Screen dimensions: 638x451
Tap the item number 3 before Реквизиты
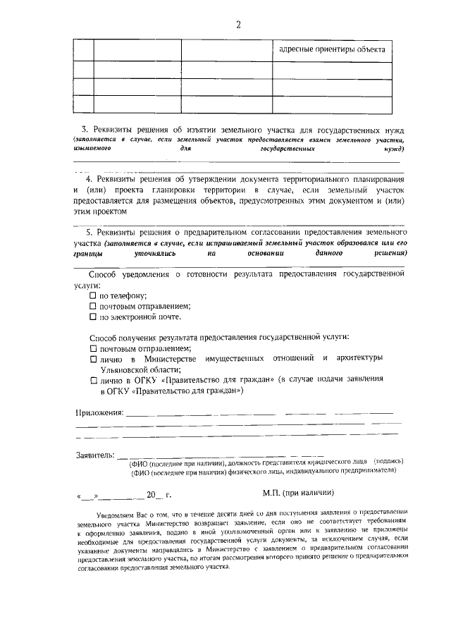pyautogui.click(x=85, y=130)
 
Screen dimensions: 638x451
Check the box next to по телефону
pyautogui.click(x=93, y=296)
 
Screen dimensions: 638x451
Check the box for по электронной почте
pyautogui.click(x=93, y=317)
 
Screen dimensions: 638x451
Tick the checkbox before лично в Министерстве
pyautogui.click(x=93, y=359)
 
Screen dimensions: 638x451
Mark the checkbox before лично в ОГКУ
pyautogui.click(x=93, y=379)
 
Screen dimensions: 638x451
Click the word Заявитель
pyautogui.click(x=94, y=455)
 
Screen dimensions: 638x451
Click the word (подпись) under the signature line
pyautogui.click(x=388, y=462)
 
